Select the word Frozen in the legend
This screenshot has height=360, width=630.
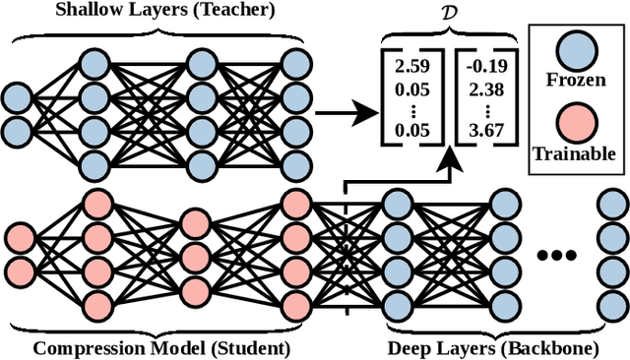click(x=574, y=80)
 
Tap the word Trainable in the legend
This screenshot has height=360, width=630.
click(x=574, y=153)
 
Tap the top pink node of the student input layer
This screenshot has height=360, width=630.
click(x=21, y=237)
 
